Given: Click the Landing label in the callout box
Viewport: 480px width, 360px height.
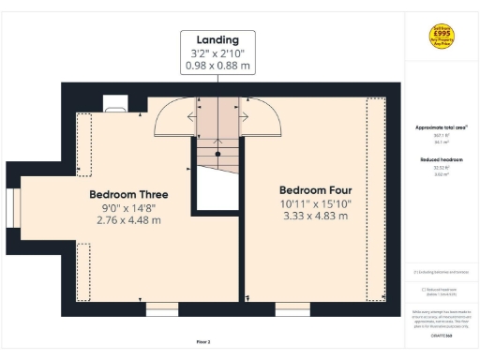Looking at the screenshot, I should point(217,40).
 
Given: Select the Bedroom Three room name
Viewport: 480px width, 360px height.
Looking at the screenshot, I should point(128,195).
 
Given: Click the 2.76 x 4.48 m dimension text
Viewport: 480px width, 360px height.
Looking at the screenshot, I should point(128,220).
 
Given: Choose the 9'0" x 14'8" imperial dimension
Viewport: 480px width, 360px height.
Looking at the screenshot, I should point(128,208).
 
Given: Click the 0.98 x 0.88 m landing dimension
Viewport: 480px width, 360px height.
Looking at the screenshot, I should point(217,66).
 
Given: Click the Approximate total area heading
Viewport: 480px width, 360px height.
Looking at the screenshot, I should point(440,127).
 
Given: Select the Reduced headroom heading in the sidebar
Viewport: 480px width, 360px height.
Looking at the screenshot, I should point(440,160).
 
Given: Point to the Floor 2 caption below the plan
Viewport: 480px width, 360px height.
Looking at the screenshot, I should point(203,341).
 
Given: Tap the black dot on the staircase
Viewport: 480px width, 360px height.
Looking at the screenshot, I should point(217,152).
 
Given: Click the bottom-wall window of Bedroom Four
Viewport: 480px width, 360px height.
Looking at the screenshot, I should point(292,307).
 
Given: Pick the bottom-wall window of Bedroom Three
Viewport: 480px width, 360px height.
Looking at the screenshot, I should point(161,307).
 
